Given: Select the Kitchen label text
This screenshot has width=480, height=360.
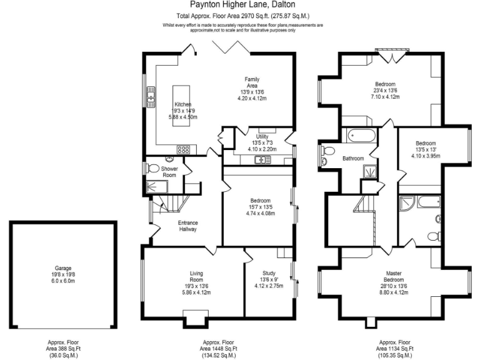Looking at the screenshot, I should [x=182, y=104].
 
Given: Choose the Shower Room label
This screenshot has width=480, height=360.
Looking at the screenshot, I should [x=169, y=172].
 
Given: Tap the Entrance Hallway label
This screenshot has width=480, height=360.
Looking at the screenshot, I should [x=188, y=226].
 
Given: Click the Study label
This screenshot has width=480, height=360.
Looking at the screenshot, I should [x=269, y=273].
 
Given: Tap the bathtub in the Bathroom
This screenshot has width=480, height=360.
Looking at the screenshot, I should [x=360, y=134].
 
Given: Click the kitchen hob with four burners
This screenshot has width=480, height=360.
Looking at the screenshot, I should [x=184, y=149].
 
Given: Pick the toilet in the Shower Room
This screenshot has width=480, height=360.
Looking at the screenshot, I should [x=152, y=167].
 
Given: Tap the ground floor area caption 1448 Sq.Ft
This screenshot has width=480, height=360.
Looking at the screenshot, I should [x=218, y=349].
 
